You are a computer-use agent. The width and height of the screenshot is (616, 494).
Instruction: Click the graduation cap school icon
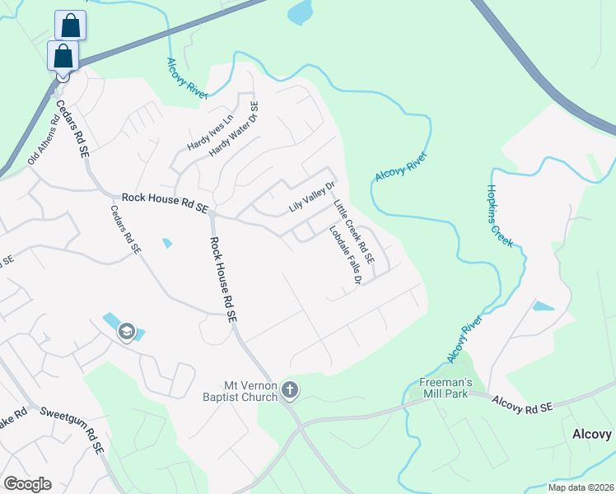tap(127, 331)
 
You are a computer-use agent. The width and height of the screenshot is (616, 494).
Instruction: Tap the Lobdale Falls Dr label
tap(346, 255)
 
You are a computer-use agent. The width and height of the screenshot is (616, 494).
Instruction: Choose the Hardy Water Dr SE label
tap(234, 129)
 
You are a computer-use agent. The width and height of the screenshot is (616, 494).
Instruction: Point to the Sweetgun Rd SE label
tap(72, 428)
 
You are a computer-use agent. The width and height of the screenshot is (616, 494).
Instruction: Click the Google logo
tap(26, 484)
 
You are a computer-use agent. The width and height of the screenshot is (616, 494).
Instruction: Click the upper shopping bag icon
tap(71, 26)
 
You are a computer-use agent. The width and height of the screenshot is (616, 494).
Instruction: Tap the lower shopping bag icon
tap(63, 56)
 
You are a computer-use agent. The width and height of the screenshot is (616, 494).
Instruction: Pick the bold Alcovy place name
tap(594, 434)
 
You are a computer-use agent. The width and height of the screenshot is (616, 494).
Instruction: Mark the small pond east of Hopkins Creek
tap(544, 306)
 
